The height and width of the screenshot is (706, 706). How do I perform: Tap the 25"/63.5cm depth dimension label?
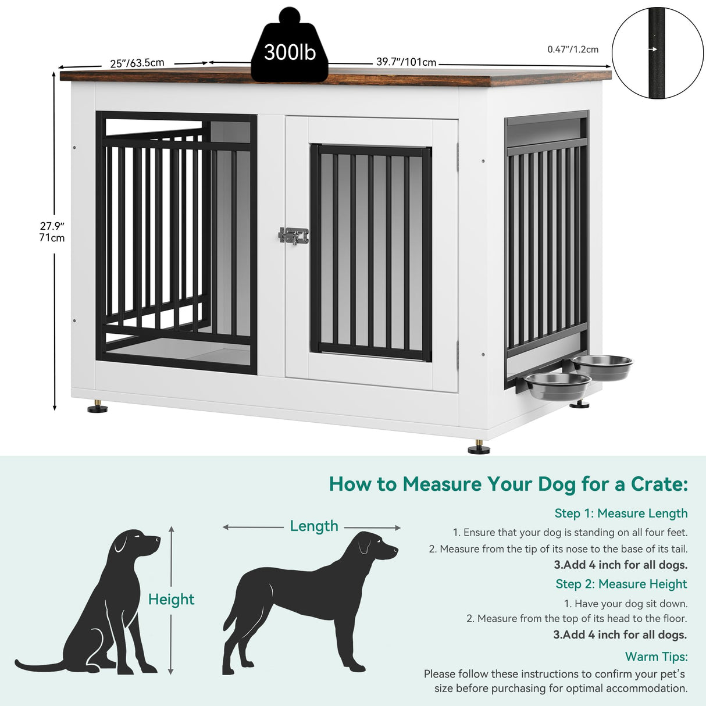pos(137,62)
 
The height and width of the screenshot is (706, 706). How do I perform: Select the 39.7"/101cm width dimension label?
pos(406,62)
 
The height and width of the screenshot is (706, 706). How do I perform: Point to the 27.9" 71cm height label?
pos(52,231)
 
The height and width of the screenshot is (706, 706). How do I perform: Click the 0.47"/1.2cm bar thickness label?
pos(572,49)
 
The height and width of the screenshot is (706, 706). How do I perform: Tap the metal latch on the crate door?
pos(294,236)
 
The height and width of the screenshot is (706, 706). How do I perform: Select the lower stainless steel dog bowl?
pos(558,385)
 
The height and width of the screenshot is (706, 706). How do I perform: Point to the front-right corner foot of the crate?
pos(479,448)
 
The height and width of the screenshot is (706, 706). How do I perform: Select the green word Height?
pos(171,599)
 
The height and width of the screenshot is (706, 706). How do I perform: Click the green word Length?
pos(314,526)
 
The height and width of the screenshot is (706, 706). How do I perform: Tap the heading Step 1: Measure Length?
pos(621,513)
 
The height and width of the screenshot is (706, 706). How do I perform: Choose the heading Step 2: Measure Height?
pos(621,584)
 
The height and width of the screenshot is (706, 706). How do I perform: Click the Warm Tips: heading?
pos(656,657)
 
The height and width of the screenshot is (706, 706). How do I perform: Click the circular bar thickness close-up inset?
pos(657,52)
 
